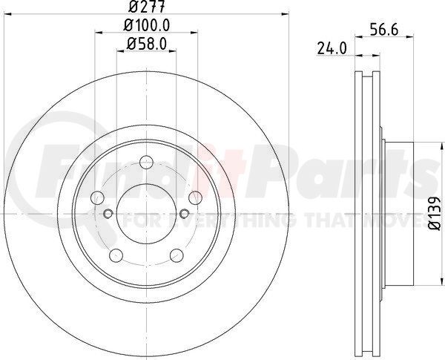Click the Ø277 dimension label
[x=146, y=7]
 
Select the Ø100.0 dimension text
[x=147, y=25]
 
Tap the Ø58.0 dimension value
[x=146, y=44]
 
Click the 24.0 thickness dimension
[x=332, y=48]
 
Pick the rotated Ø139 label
[x=434, y=213]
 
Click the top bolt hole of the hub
[x=146, y=162]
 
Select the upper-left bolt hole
[x=97, y=197]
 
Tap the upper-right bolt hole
[x=195, y=197]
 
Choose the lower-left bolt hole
[x=116, y=255]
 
